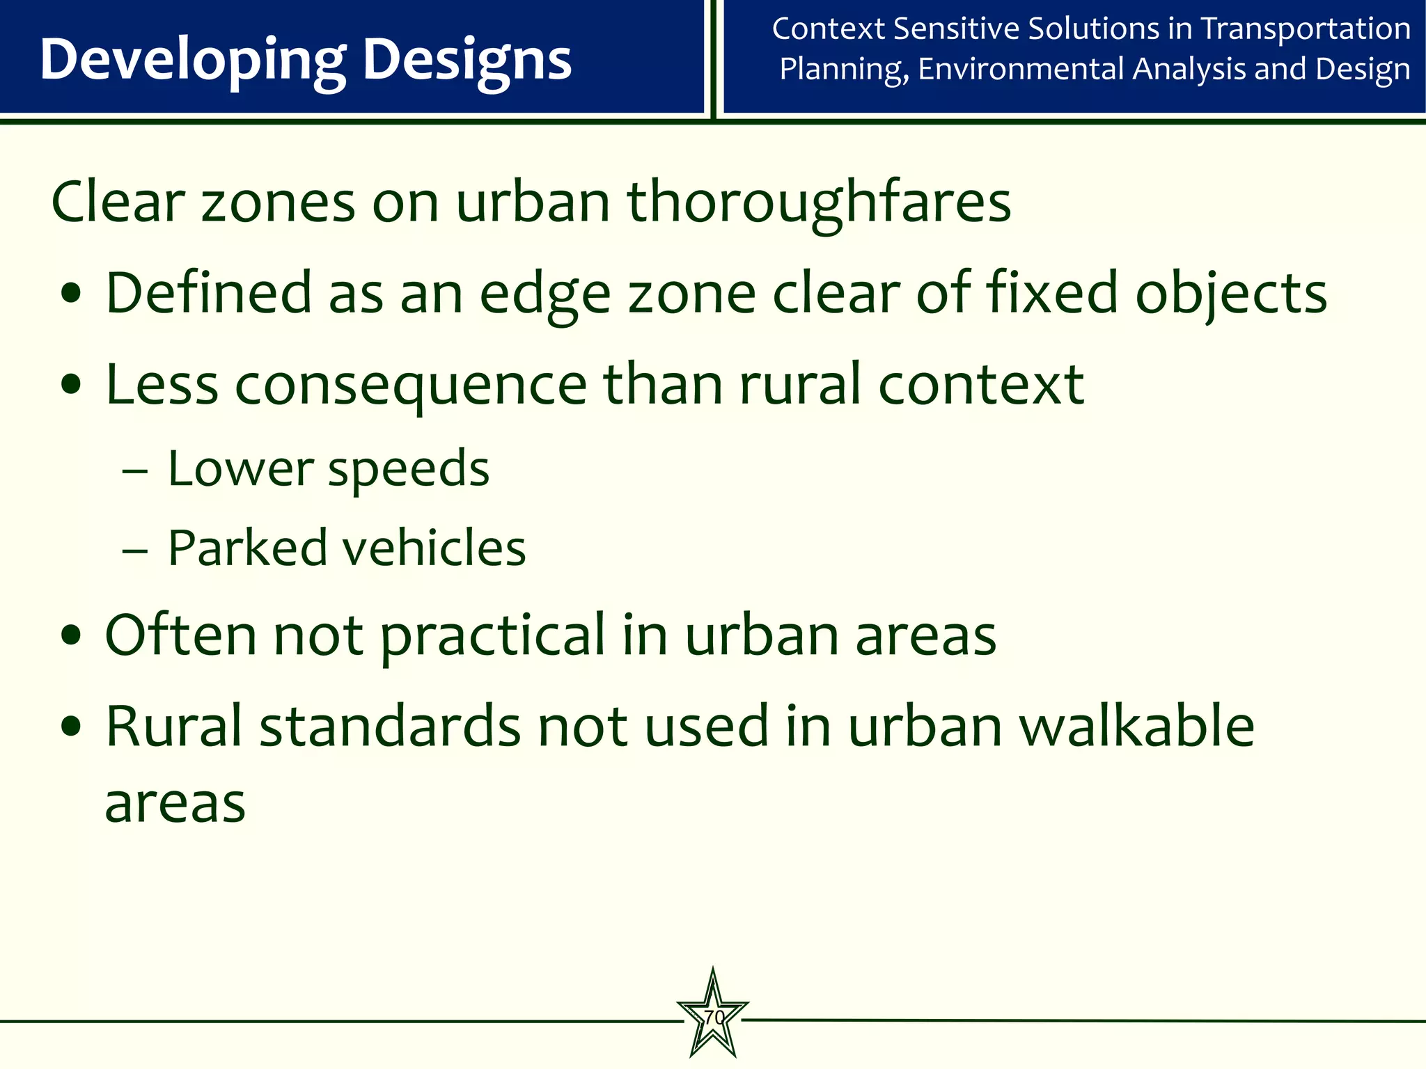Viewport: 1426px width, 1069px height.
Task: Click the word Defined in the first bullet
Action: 208,294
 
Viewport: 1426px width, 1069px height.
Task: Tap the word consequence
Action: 411,386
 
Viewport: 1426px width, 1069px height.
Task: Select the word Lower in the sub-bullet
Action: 240,468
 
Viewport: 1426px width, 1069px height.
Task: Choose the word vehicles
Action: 435,548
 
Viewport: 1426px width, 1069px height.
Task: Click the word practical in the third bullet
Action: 493,636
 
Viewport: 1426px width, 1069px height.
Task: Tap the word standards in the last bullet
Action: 390,727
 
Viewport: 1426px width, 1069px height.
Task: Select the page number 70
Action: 713,1017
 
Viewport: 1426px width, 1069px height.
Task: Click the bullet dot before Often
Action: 72,636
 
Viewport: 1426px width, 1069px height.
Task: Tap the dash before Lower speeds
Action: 134,471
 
